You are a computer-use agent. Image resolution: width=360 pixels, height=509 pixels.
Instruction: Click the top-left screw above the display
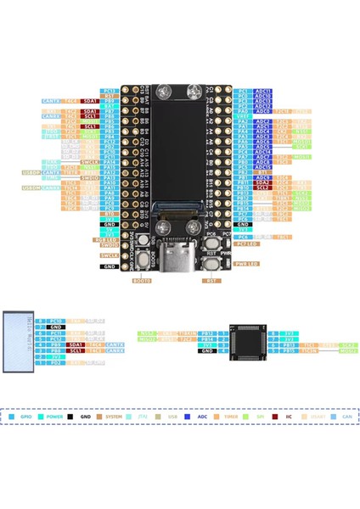[158, 89]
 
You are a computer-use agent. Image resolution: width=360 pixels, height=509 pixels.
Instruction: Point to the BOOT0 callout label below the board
[143, 279]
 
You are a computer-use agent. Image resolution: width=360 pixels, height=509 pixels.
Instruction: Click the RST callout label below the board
[212, 279]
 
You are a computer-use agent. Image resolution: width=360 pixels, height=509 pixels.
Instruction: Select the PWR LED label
[246, 264]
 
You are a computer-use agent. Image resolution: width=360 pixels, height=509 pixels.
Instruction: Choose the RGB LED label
[110, 241]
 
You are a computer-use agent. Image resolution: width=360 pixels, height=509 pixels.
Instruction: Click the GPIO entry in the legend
[26, 417]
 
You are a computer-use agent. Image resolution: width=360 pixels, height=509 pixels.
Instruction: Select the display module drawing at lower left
[17, 341]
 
